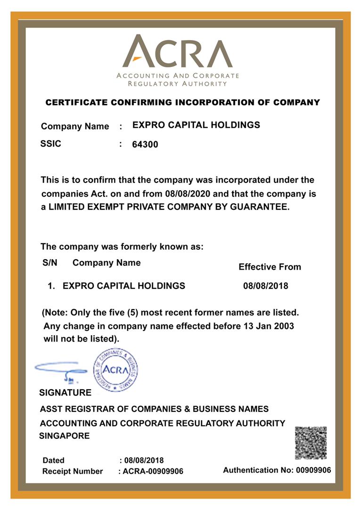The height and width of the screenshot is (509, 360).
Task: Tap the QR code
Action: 311,443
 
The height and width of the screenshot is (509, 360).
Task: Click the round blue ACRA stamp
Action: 115,369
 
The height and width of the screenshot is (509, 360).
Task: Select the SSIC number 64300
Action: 145,145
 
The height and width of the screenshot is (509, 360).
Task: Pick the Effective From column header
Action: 270,267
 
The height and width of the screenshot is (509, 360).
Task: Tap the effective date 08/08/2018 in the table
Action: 265,286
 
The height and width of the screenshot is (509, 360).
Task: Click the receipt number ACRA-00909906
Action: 153,471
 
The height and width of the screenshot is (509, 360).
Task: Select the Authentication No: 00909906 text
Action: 277,470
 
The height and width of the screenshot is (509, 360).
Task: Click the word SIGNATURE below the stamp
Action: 65,393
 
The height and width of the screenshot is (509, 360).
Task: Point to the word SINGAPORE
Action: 64,436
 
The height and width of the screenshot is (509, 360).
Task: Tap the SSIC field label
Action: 51,144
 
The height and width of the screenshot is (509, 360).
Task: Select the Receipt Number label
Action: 73,471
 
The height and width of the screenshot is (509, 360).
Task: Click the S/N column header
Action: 50,263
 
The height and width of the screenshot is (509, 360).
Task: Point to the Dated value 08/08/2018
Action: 144,460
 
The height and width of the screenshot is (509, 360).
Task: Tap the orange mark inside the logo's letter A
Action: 137,58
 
